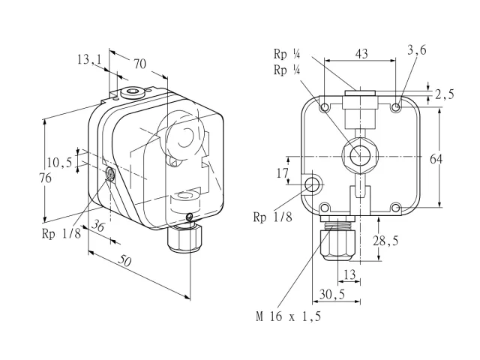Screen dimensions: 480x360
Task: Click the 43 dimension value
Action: (x=361, y=54)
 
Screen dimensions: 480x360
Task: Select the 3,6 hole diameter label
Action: (x=417, y=50)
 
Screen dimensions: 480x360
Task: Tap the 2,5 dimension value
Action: (x=445, y=94)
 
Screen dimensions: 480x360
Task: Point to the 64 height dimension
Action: (x=436, y=159)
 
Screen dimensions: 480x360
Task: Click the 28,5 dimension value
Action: (x=385, y=241)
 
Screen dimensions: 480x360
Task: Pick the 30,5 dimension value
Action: (x=332, y=294)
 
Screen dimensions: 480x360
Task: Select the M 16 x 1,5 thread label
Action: (x=289, y=316)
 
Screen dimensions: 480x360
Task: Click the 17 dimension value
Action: (x=283, y=173)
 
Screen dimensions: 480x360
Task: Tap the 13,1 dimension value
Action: (x=89, y=59)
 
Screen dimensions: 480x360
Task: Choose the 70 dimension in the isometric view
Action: (x=140, y=64)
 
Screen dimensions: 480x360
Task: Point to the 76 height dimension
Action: (x=45, y=178)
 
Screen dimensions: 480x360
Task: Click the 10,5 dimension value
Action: (x=60, y=162)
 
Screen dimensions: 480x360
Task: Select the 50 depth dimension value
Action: (x=125, y=261)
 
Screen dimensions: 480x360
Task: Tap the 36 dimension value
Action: (x=98, y=226)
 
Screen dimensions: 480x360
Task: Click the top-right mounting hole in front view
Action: (x=396, y=107)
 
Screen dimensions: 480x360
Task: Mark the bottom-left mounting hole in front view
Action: (x=325, y=208)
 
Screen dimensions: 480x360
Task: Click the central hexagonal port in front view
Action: (x=359, y=156)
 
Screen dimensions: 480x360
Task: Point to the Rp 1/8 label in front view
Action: (x=273, y=217)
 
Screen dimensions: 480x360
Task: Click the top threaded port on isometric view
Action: (x=133, y=91)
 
